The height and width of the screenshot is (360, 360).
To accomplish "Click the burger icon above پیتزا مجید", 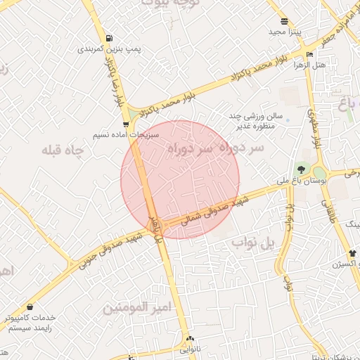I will (x=283, y=21).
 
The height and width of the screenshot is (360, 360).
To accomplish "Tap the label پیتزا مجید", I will (x=284, y=32).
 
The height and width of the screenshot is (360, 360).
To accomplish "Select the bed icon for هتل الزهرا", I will (x=310, y=54).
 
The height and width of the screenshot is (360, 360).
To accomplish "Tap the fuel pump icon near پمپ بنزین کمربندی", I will (x=108, y=39).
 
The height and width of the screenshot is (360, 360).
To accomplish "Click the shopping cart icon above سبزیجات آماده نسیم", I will (x=126, y=124).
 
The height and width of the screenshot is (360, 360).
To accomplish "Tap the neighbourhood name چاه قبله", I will (x=63, y=150).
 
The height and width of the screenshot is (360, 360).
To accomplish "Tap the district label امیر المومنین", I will (x=138, y=308).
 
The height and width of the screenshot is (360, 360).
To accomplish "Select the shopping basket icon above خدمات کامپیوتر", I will (x=30, y=307).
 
